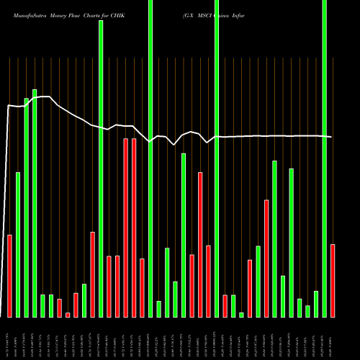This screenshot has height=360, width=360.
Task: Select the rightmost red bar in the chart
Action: click(333, 281)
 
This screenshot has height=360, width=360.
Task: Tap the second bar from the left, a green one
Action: click(18, 245)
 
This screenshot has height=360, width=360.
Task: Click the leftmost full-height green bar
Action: click(101, 168)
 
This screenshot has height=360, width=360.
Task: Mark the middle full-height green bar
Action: click(150, 158)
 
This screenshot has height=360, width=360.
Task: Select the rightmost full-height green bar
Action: click(325, 158)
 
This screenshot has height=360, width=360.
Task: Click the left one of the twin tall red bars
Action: click(126, 228)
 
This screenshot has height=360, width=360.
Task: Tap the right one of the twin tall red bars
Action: click(134, 228)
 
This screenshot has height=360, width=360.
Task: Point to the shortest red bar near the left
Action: click(68, 315)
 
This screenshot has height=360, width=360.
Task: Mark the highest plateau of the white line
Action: click(43, 96)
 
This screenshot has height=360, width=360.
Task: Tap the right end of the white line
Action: click(331, 137)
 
